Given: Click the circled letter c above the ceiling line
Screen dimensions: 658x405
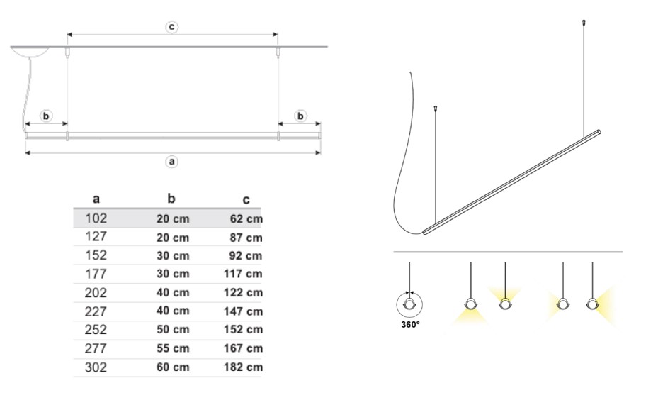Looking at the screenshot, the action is (x=171, y=27).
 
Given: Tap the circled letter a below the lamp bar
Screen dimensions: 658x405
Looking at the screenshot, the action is (x=171, y=161).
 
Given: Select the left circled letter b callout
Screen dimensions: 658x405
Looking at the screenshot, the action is (x=46, y=116).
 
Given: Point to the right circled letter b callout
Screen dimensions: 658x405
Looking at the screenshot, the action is (x=300, y=116).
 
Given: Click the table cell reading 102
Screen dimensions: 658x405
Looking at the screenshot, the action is (x=96, y=218).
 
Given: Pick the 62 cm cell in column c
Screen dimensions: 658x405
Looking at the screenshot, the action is (x=246, y=219).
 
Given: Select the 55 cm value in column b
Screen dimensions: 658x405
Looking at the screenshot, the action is (x=173, y=348).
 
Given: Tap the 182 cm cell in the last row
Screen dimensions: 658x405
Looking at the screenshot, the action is (x=244, y=367).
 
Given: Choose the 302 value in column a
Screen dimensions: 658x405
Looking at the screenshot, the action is (x=96, y=367).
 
